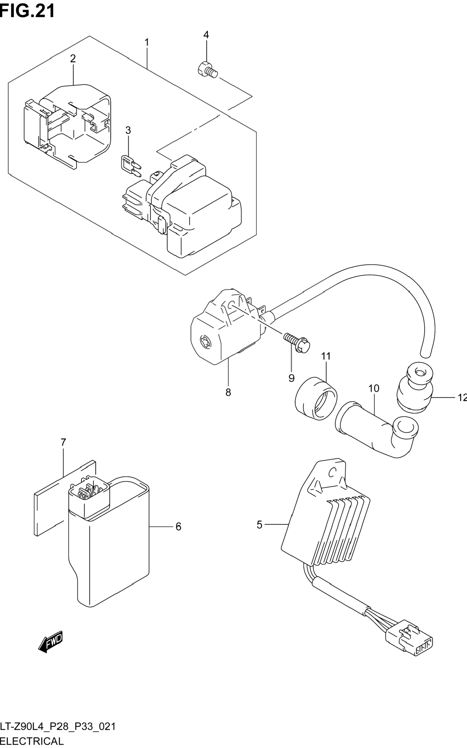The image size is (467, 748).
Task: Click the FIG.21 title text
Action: [27, 11]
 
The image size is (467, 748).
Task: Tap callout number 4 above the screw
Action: [206, 35]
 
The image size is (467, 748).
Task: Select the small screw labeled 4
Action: [207, 70]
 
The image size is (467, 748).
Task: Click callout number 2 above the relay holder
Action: [73, 58]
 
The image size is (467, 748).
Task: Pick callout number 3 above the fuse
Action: [128, 130]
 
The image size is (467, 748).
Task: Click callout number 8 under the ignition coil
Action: [228, 392]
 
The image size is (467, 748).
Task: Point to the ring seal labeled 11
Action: [316, 399]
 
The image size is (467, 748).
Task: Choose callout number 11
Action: [326, 356]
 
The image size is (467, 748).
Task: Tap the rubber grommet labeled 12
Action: [414, 388]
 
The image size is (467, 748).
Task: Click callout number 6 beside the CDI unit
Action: [178, 527]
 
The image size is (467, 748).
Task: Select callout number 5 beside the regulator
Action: [260, 524]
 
